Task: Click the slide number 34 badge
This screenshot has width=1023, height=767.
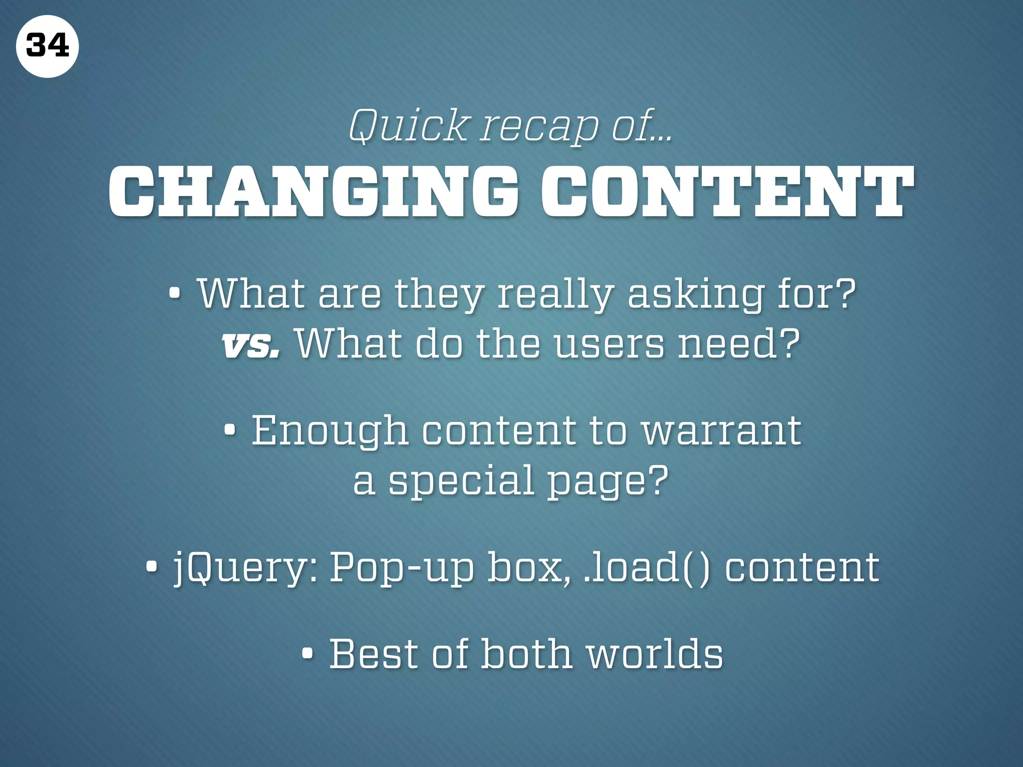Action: pyautogui.click(x=47, y=46)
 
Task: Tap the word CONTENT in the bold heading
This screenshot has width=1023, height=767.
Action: pyautogui.click(x=727, y=193)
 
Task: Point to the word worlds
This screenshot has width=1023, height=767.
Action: pyautogui.click(x=655, y=654)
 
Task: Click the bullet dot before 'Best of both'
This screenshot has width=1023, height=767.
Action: pyautogui.click(x=308, y=653)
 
